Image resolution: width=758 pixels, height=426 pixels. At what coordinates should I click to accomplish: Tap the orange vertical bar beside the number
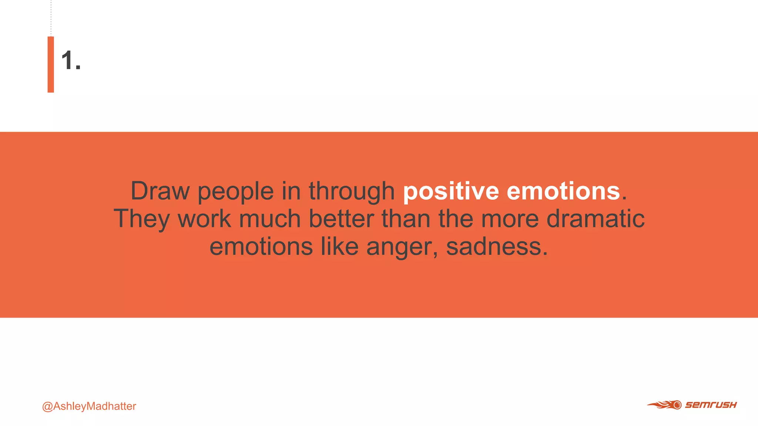(x=51, y=64)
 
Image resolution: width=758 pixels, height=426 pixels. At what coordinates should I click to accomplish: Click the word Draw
(x=160, y=191)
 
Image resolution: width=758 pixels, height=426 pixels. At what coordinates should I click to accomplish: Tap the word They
(x=141, y=219)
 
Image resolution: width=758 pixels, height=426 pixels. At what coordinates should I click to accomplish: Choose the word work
(x=204, y=219)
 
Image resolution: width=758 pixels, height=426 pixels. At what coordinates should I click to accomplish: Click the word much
(x=270, y=219)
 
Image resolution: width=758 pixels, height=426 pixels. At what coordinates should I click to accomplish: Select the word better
(x=341, y=219)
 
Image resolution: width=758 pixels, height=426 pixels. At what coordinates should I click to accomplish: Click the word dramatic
(x=596, y=219)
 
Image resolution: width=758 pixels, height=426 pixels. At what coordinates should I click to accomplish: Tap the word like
(x=339, y=246)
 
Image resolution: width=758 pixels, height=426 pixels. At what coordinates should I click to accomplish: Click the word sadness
(x=496, y=246)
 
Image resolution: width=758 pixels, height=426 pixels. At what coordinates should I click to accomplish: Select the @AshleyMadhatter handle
(x=89, y=406)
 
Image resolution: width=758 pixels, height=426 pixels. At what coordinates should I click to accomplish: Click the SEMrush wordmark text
(x=711, y=405)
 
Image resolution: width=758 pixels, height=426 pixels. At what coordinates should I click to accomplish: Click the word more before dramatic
(x=510, y=219)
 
